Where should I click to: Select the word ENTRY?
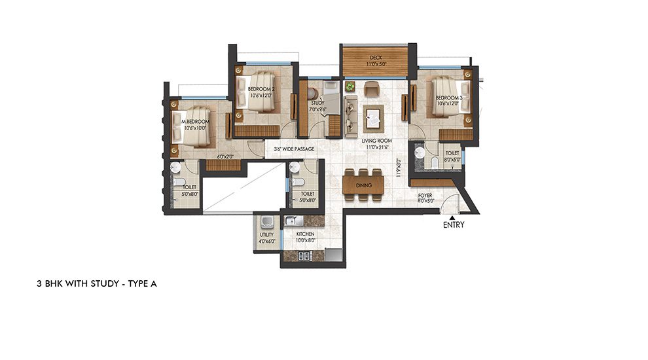click(453, 225)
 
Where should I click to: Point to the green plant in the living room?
click(350, 86)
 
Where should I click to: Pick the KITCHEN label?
click(305, 234)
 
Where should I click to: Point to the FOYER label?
click(425, 195)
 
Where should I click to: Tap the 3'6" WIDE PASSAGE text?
click(294, 149)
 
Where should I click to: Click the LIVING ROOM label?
click(376, 140)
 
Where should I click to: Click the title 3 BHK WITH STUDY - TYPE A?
click(97, 284)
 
